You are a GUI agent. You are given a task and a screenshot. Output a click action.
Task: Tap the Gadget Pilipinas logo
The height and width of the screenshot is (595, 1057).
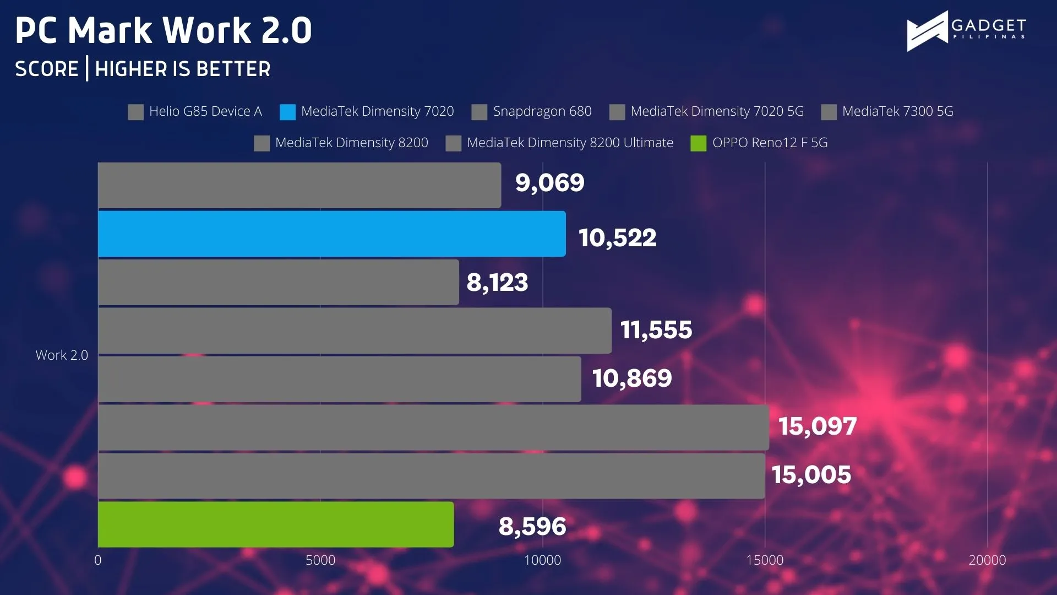pos(966,31)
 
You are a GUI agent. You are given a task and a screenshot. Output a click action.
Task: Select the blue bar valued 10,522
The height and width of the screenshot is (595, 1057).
pos(332,234)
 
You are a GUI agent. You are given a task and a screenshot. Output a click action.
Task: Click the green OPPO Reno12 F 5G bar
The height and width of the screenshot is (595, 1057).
pos(276,524)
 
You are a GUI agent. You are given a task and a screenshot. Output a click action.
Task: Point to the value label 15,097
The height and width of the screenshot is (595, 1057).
pos(818,426)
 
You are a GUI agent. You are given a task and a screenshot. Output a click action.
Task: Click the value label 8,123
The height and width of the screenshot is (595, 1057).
pos(497,283)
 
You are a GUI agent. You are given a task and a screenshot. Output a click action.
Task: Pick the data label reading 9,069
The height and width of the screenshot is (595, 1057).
pos(549,183)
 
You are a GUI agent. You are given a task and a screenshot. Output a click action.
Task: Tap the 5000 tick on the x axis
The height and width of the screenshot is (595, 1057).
pos(320,560)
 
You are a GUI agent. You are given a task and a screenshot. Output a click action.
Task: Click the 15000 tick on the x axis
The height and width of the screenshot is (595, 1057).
pos(765,560)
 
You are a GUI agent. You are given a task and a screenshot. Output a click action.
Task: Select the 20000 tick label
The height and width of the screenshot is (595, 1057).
pos(987,560)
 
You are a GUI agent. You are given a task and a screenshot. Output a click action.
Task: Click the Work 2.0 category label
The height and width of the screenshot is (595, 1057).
pos(62,355)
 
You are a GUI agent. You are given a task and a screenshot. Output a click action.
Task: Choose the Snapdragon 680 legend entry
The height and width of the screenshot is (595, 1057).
pos(532,112)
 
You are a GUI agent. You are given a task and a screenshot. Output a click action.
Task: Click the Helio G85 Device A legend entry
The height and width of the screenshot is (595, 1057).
pos(195,112)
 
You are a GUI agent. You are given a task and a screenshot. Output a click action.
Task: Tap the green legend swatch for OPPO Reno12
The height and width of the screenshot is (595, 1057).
pos(699,143)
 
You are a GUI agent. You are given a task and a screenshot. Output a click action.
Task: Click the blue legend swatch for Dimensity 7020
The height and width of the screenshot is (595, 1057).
pos(287,112)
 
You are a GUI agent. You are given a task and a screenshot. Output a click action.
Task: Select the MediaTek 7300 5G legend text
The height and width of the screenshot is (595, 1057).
pos(898,111)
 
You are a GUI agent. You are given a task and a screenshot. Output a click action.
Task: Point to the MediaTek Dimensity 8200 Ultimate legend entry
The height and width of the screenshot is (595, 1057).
pos(559,143)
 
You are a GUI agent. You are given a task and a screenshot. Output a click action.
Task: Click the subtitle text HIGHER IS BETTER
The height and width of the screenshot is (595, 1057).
pos(183,69)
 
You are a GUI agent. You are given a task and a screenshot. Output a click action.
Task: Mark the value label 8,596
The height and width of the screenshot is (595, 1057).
pos(532,527)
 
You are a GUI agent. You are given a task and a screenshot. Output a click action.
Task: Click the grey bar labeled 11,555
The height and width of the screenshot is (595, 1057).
pos(355,331)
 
